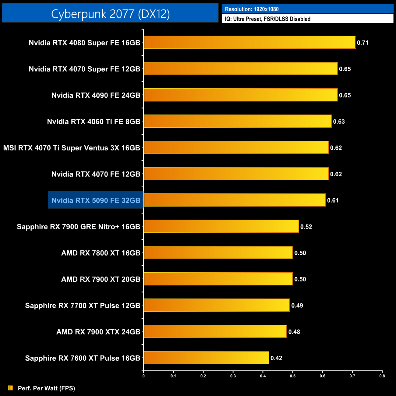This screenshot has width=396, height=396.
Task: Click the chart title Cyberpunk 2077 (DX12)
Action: [x=110, y=14]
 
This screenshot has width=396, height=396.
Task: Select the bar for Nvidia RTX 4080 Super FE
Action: [x=249, y=42]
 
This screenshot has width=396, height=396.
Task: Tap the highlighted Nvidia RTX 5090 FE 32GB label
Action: [x=96, y=200]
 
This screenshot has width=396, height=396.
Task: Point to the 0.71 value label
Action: [x=363, y=43]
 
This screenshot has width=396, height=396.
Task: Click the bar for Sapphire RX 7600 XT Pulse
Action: [x=206, y=358]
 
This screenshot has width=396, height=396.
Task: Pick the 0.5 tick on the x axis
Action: [x=293, y=376]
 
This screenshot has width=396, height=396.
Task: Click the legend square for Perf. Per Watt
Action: [x=11, y=388]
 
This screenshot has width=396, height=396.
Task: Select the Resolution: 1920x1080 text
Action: [x=252, y=9]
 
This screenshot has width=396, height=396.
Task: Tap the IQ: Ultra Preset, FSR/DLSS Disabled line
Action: [x=267, y=19]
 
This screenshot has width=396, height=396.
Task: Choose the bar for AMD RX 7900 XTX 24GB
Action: [x=215, y=331]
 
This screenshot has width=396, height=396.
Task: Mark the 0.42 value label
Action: [x=276, y=358]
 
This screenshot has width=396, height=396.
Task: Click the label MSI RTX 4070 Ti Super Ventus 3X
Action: [x=72, y=148]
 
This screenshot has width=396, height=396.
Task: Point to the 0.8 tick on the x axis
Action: [x=382, y=376]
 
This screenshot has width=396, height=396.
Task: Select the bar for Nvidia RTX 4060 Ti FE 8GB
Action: [x=238, y=121]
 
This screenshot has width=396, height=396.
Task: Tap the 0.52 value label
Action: [x=306, y=227]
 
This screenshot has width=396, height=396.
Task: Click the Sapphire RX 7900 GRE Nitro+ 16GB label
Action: [x=78, y=227]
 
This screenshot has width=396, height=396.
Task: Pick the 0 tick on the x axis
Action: [x=143, y=376]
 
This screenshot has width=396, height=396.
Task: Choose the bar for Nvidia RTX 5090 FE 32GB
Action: [x=235, y=200]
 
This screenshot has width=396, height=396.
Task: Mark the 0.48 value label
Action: [x=294, y=332]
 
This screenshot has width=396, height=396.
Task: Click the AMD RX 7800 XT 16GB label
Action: [x=101, y=253]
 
